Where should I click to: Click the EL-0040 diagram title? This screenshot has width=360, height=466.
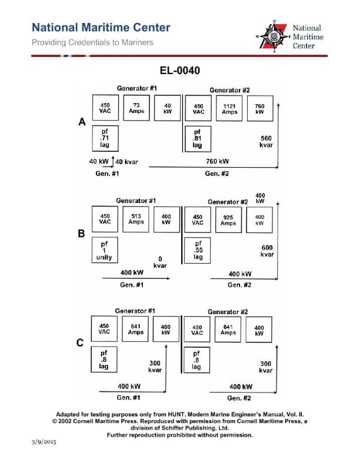click(179, 71)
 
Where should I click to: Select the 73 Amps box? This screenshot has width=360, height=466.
click(136, 108)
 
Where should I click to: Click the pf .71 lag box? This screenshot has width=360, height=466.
click(105, 138)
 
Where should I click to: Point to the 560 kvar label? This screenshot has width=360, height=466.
click(265, 142)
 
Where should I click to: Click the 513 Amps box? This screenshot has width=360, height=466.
click(136, 219)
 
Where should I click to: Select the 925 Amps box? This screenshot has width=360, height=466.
click(228, 219)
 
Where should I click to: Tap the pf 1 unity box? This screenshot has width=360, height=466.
click(105, 249)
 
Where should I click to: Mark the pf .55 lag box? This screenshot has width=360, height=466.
click(198, 249)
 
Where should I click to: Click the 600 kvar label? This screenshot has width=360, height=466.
click(266, 251)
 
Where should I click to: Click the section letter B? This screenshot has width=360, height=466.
click(81, 234)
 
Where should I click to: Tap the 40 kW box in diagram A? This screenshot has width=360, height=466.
click(167, 108)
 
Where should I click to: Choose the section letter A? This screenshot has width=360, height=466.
click(82, 122)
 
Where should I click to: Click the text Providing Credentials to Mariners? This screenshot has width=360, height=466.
click(92, 42)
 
